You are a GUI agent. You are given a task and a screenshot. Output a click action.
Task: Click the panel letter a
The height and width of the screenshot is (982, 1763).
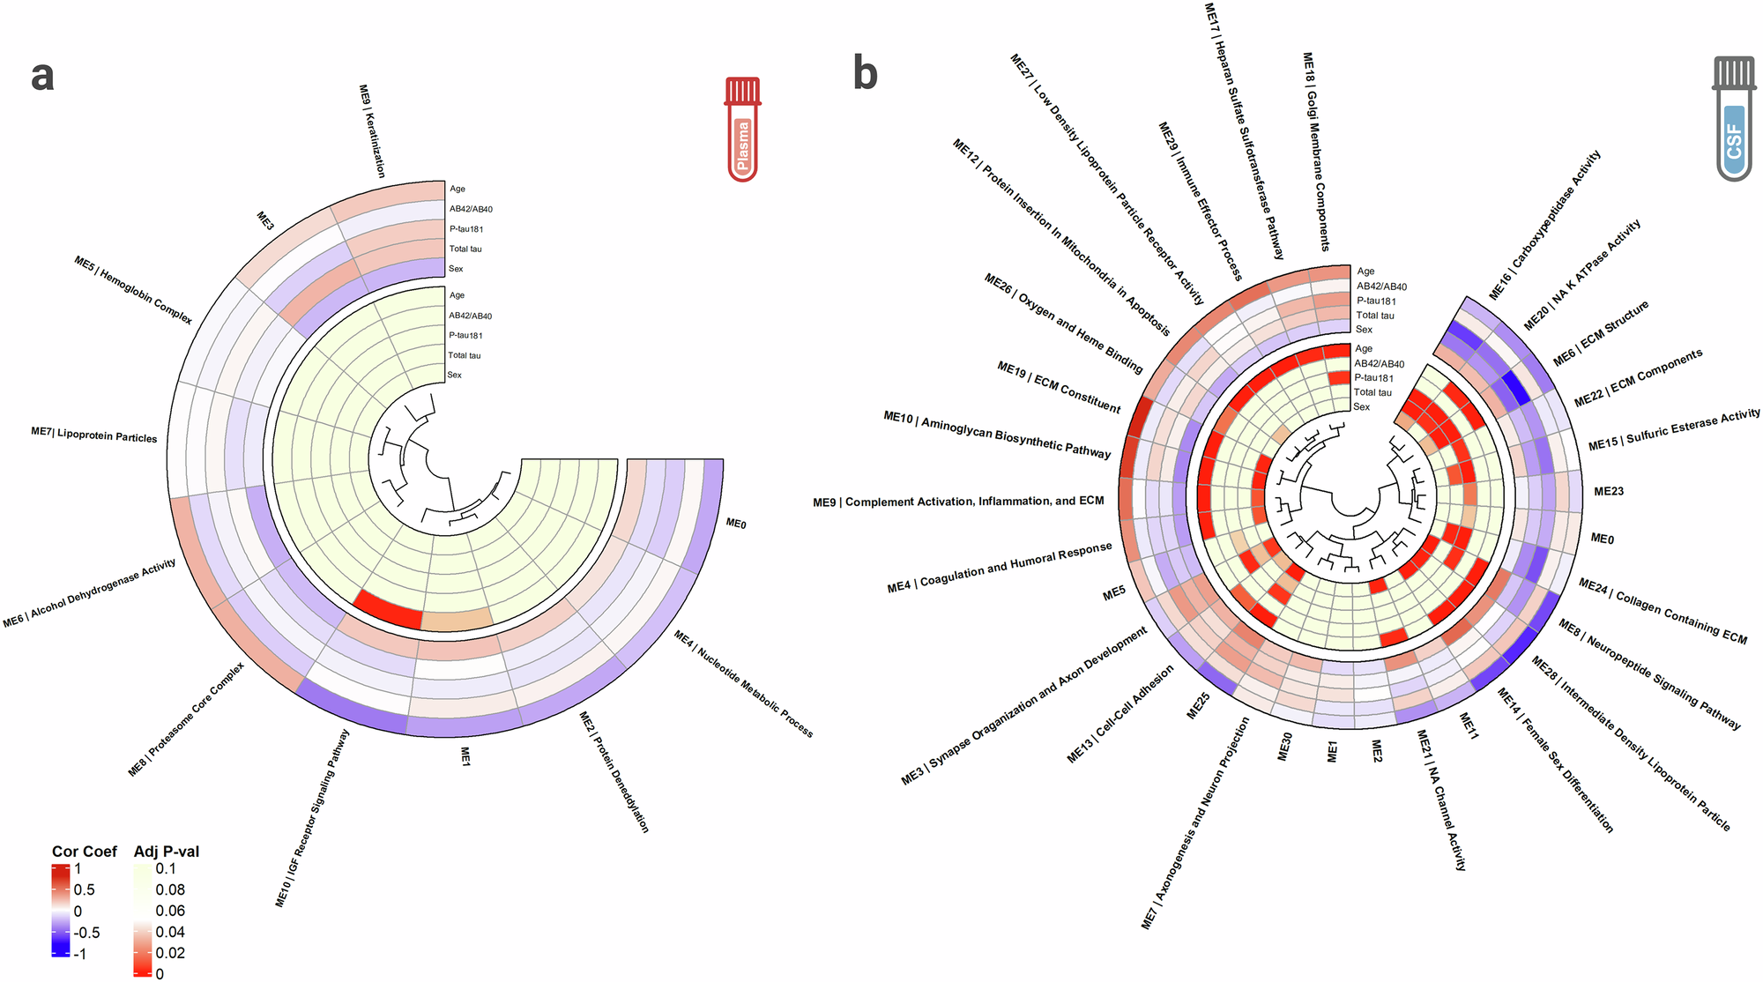coord(42,76)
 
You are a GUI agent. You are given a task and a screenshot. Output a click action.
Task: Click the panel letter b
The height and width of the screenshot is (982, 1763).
coord(865,73)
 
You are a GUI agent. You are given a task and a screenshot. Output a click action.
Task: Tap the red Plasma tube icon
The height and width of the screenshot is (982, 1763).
coord(743,129)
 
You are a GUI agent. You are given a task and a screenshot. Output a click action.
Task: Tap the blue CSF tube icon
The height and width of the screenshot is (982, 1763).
coord(1733,119)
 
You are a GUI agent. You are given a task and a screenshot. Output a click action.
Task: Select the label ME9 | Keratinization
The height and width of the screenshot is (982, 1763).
coord(372,131)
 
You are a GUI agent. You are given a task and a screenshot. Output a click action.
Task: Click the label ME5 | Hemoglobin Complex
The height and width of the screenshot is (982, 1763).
coord(133,290)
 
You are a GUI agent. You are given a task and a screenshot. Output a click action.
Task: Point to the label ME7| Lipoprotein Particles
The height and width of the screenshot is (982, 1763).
coord(94,435)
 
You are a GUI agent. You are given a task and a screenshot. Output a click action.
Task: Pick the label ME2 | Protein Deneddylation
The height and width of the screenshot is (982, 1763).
coord(614,772)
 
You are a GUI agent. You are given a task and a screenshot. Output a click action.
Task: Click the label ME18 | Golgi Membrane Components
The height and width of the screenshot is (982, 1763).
coord(1315,152)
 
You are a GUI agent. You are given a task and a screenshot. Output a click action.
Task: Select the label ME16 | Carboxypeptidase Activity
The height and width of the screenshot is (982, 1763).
coord(1544,225)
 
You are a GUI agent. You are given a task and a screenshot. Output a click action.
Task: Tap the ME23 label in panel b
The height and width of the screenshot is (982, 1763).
coord(1609,491)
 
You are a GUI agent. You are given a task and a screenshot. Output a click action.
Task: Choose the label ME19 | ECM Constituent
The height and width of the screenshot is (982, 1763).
coord(1059,387)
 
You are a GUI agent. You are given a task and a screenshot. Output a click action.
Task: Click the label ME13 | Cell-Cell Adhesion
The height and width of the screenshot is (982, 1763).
coord(1120,714)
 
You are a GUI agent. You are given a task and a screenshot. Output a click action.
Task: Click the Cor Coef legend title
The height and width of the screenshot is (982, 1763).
coord(85,852)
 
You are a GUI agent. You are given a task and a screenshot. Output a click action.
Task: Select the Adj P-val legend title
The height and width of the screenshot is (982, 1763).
coord(167,852)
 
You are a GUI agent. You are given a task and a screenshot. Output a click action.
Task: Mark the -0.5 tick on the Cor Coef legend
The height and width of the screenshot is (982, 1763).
coord(87,933)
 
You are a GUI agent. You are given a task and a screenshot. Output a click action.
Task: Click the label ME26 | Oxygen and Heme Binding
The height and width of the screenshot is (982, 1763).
coord(1063,323)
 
